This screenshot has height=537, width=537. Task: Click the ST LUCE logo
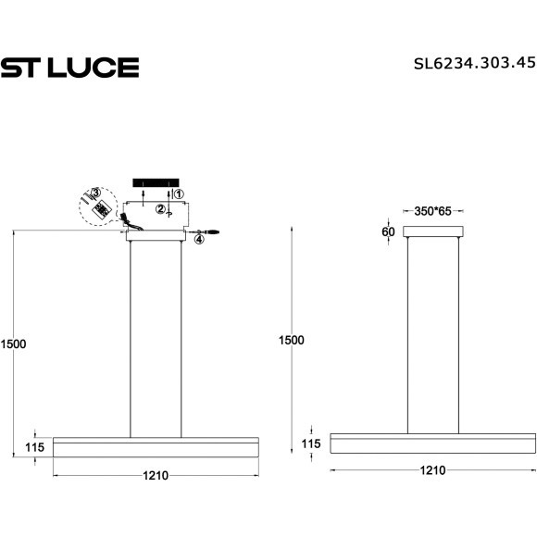[69, 67]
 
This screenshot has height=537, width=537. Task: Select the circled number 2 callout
[160, 209]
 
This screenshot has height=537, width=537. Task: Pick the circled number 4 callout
[198, 239]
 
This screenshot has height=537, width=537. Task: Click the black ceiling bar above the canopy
[155, 181]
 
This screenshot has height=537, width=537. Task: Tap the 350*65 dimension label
[432, 212]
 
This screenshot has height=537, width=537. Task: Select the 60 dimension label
[387, 231]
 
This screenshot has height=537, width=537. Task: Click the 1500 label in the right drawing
[291, 340]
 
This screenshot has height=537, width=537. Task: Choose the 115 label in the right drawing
[312, 444]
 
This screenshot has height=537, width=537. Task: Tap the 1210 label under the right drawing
[432, 470]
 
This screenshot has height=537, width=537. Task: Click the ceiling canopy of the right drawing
[432, 231]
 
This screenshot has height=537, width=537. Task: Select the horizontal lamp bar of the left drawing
[155, 446]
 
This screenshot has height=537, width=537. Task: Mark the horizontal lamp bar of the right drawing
[432, 443]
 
